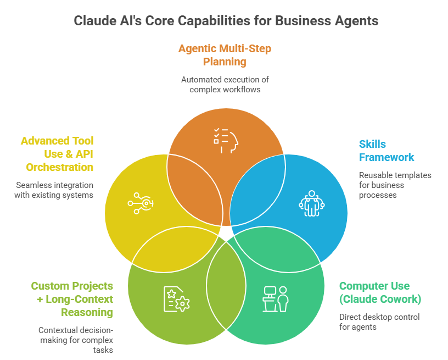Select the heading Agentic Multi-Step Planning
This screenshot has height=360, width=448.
click(x=225, y=55)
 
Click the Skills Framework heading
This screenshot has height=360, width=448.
click(x=387, y=151)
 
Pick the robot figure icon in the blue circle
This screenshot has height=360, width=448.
click(x=311, y=203)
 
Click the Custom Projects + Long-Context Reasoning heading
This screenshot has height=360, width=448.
click(x=72, y=299)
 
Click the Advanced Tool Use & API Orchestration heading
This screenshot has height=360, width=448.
click(x=57, y=154)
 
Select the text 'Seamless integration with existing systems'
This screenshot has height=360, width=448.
click(x=54, y=190)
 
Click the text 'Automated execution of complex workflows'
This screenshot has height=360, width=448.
click(x=225, y=84)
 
